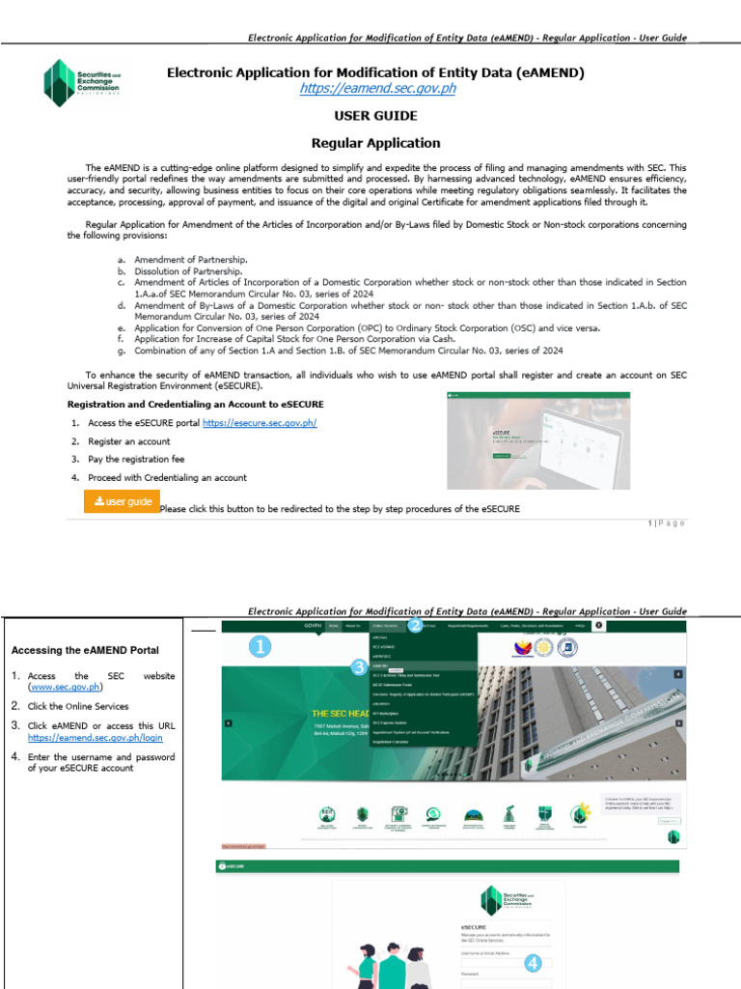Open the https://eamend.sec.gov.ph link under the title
(x=376, y=89)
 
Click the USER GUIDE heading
(x=375, y=116)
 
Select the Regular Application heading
(x=375, y=143)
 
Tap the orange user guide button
(x=122, y=501)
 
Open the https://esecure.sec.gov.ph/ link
(x=260, y=423)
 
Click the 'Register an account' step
(x=128, y=441)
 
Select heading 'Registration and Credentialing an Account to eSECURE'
(x=195, y=404)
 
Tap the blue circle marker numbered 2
(x=415, y=626)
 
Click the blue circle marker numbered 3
(x=358, y=666)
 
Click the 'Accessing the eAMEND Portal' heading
(x=84, y=650)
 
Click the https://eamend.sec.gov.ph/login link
(x=96, y=737)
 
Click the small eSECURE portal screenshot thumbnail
(x=538, y=440)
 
